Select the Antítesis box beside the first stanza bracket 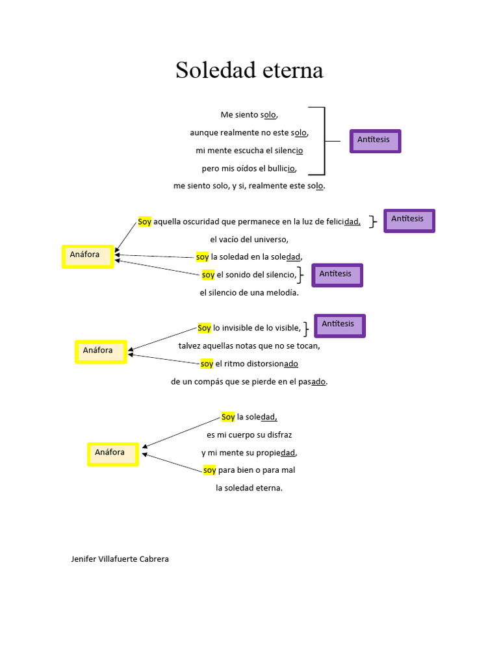(x=375, y=141)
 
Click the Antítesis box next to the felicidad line (x=409, y=220)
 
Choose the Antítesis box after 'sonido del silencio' (x=337, y=275)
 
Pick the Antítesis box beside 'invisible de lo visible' (x=339, y=325)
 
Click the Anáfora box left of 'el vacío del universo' (x=87, y=256)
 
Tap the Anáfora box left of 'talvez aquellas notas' (x=100, y=351)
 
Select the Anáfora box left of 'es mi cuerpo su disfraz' (x=112, y=454)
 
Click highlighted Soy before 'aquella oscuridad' (x=144, y=222)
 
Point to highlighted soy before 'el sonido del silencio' (x=208, y=275)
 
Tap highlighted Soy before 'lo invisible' (x=204, y=328)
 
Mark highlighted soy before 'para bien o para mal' (x=209, y=470)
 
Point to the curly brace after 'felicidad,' (x=372, y=222)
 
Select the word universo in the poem (x=272, y=240)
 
